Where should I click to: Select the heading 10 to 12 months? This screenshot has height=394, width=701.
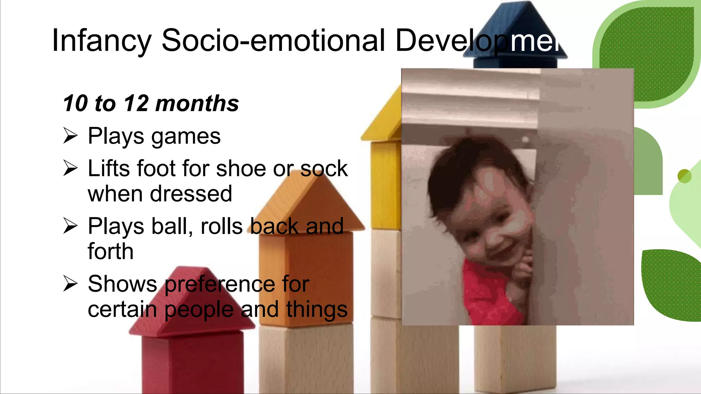151,103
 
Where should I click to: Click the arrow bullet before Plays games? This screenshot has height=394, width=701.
71,135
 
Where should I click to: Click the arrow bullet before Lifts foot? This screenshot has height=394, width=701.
71,168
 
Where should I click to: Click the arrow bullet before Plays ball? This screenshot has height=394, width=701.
71,226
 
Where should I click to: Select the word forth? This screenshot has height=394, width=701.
110,251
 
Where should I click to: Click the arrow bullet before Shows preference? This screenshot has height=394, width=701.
71,284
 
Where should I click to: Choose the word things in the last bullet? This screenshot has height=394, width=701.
317,310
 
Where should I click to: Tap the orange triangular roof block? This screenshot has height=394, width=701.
308,205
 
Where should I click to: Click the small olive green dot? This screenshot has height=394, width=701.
684,176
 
